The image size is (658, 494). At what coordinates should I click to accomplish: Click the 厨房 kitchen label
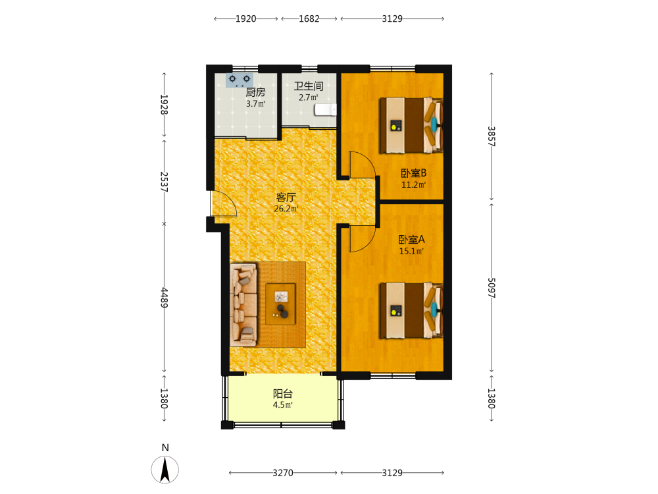[255, 92]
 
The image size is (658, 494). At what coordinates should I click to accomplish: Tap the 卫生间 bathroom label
[309, 86]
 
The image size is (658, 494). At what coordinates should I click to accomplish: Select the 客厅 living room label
[286, 197]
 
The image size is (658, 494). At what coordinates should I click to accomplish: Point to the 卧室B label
[413, 173]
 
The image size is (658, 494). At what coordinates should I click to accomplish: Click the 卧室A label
[411, 240]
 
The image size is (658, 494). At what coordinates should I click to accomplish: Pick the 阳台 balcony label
[283, 394]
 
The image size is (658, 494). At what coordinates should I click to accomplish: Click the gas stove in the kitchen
[240, 80]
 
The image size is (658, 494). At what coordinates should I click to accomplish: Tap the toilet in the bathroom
[326, 109]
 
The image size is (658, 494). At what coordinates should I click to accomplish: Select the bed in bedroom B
[411, 125]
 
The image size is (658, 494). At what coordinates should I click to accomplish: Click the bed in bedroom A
[411, 310]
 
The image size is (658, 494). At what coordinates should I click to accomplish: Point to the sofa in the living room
[243, 304]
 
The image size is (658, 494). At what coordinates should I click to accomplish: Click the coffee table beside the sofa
[280, 304]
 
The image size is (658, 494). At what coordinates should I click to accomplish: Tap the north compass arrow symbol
[165, 470]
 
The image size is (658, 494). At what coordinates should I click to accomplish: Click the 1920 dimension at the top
[245, 18]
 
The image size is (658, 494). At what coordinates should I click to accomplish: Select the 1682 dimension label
[309, 18]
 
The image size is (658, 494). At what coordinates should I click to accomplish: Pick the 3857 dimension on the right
[492, 136]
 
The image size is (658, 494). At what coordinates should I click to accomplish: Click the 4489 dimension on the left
[164, 298]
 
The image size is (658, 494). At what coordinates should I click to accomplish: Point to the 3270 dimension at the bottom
[283, 472]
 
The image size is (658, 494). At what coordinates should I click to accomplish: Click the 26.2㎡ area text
[286, 208]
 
